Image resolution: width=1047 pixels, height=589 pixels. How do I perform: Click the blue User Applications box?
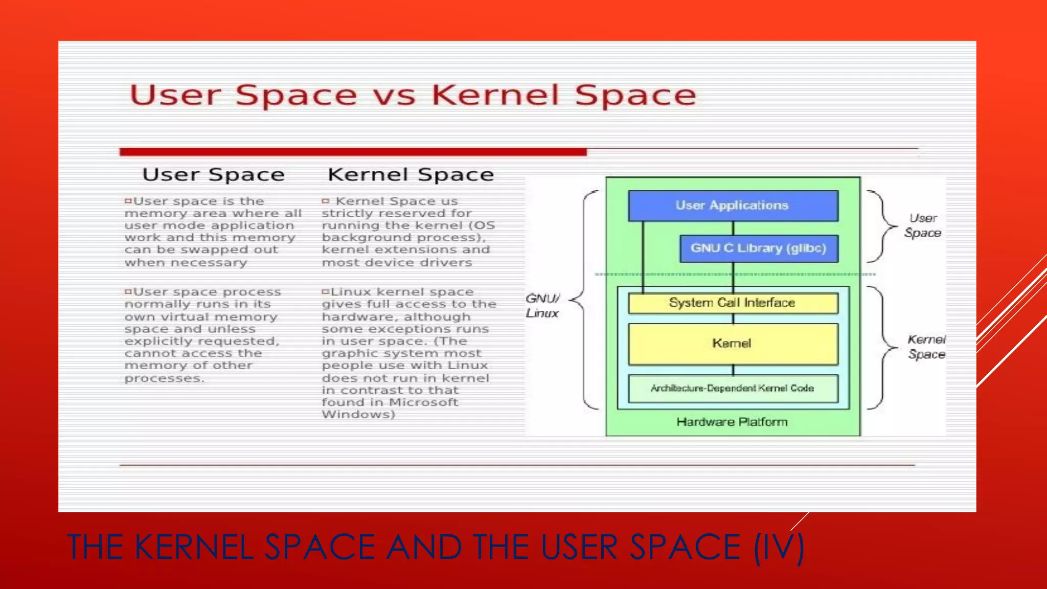click(733, 206)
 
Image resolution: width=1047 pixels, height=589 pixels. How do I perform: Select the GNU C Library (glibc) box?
click(759, 248)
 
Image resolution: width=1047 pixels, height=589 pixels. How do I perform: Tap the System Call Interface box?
click(733, 303)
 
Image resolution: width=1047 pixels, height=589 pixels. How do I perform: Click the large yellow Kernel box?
click(733, 344)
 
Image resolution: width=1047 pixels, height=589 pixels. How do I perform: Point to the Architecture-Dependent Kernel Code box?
click(733, 389)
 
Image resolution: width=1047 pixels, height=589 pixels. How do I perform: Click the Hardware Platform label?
click(732, 422)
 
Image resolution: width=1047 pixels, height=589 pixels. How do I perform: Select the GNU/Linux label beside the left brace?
click(542, 306)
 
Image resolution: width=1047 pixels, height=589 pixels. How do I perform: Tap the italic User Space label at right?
click(923, 225)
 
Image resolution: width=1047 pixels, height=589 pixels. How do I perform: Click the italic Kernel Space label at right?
click(926, 347)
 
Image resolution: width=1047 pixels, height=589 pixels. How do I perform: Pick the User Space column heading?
click(213, 175)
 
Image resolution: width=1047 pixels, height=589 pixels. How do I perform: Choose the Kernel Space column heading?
click(411, 175)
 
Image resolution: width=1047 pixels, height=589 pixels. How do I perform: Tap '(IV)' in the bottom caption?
click(779, 547)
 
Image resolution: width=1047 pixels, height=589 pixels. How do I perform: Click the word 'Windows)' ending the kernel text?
click(358, 415)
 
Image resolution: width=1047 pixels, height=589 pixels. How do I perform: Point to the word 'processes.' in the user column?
click(164, 379)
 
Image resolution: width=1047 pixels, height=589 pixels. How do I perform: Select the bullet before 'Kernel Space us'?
click(325, 201)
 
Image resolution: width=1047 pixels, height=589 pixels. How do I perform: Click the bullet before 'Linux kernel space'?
click(325, 292)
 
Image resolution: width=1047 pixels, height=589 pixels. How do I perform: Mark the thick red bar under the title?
click(353, 152)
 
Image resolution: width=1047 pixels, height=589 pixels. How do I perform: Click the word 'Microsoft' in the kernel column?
click(423, 402)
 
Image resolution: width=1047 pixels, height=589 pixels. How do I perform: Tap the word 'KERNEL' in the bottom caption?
click(194, 547)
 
